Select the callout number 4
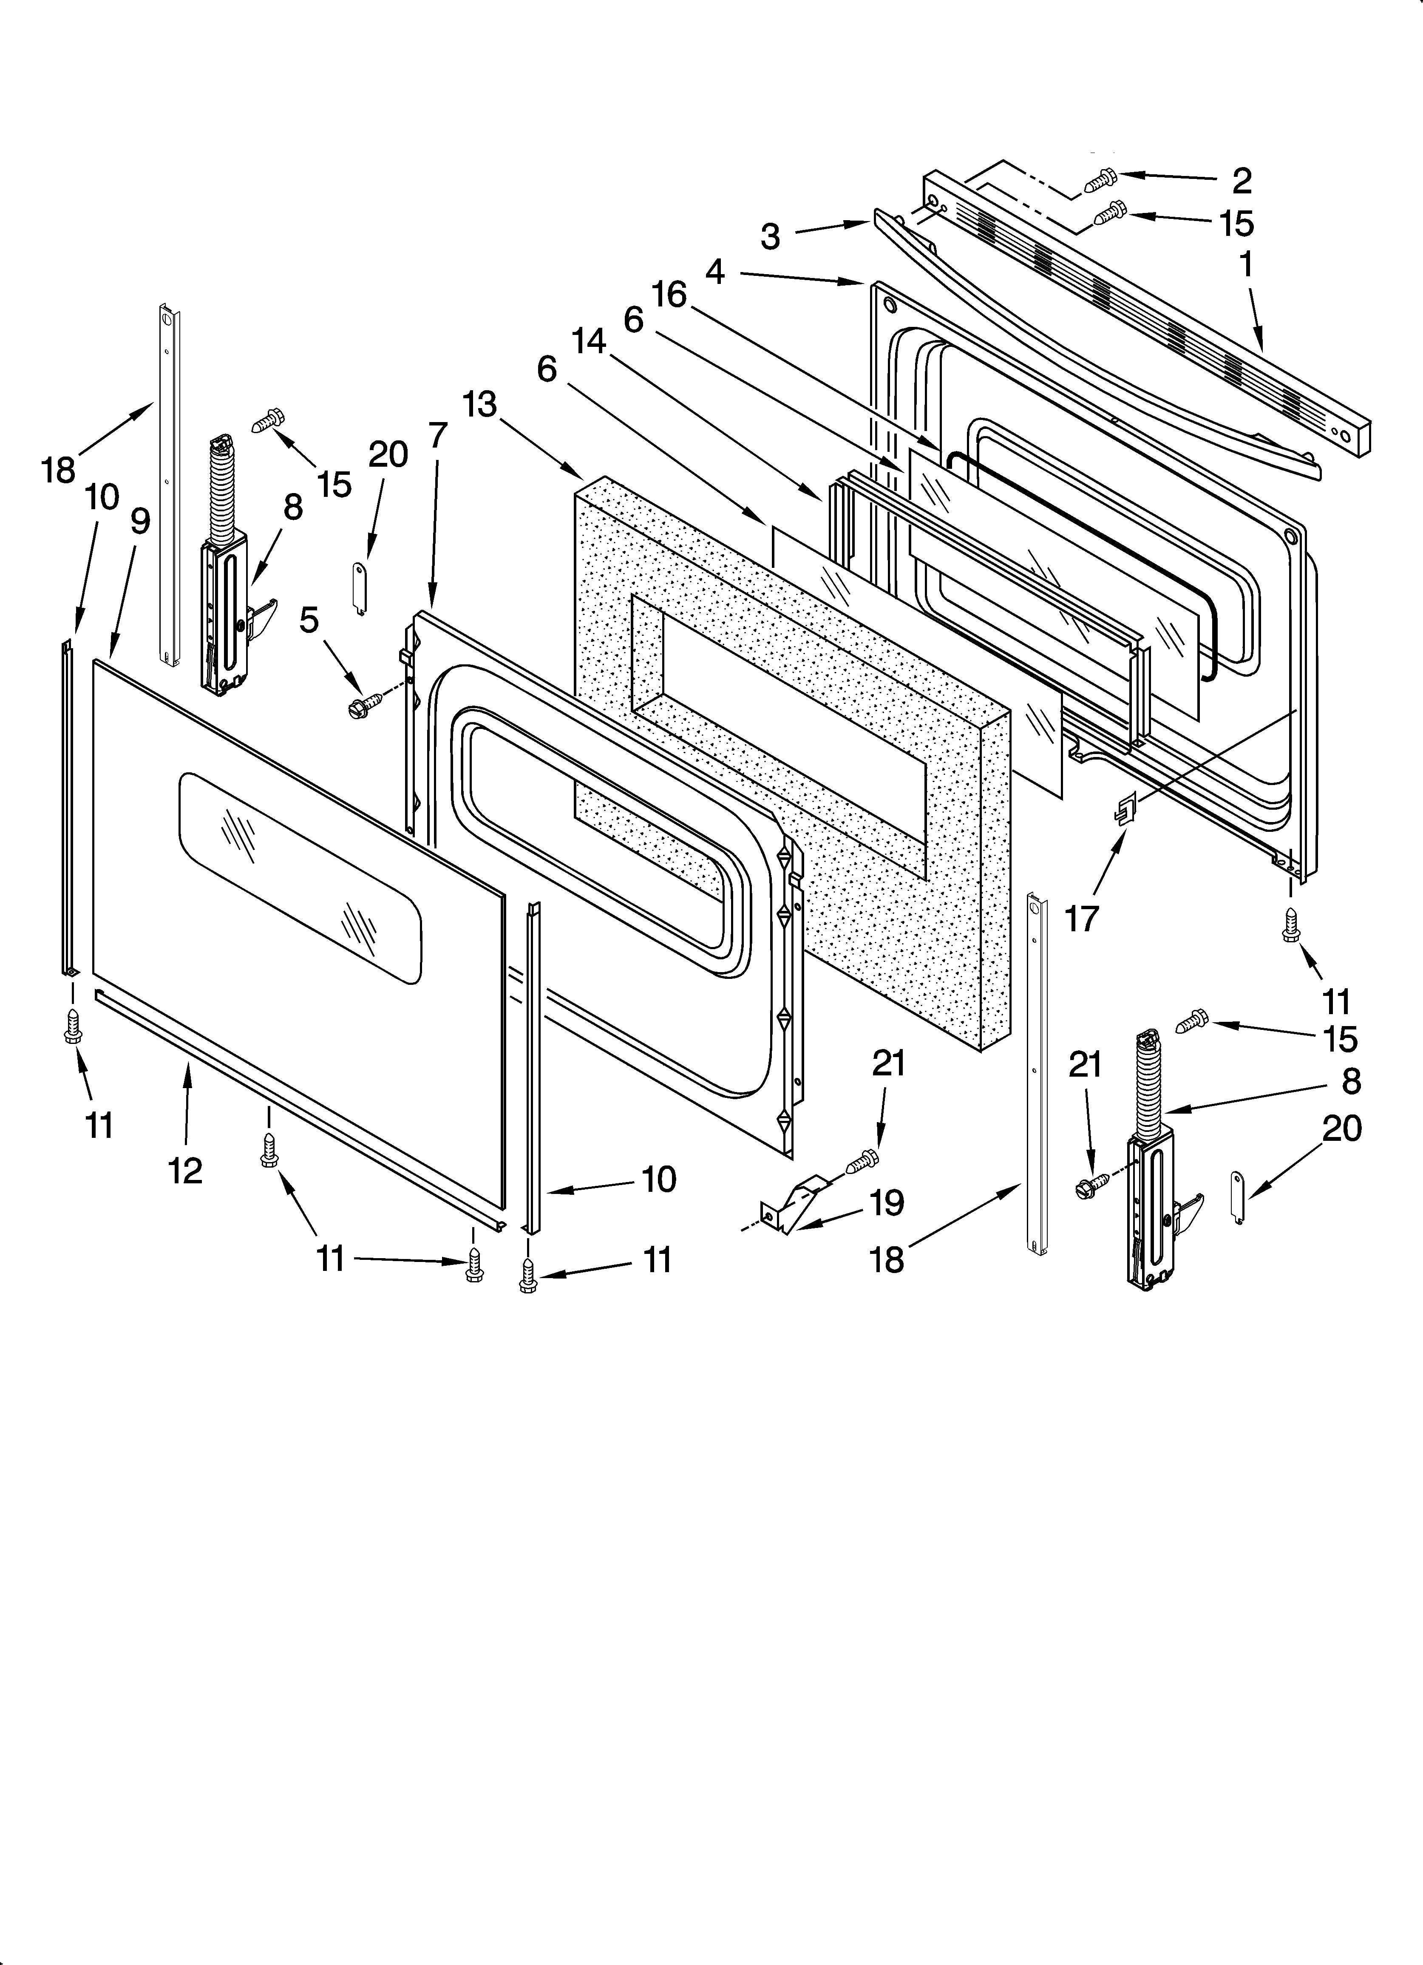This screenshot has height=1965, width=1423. [x=715, y=272]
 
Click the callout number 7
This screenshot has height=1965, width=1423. [x=438, y=435]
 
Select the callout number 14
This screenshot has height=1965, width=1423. [x=590, y=342]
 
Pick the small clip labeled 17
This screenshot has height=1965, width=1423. [x=1124, y=810]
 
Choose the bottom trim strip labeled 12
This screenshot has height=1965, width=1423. [x=295, y=1109]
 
